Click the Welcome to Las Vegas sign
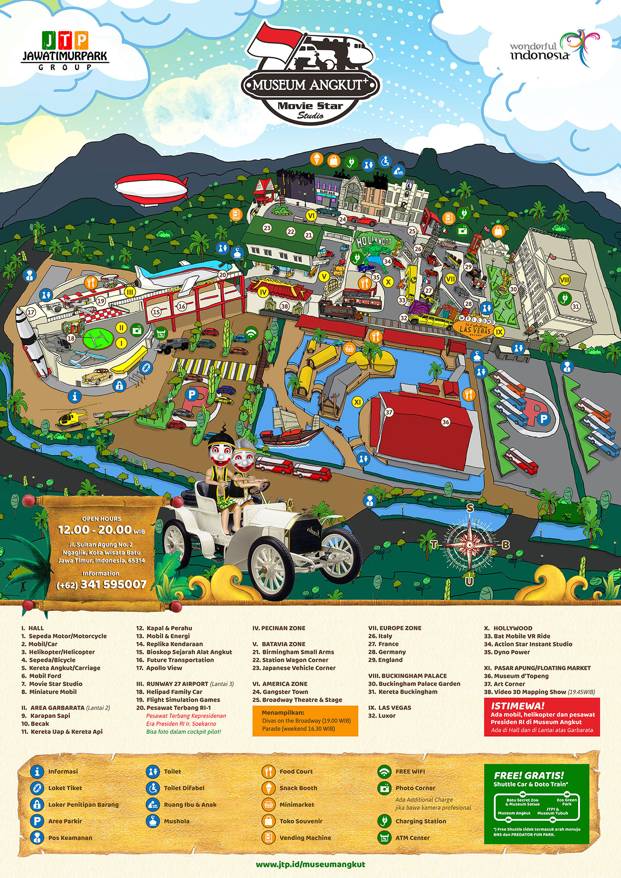click(475, 325)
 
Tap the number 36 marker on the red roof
click(446, 422)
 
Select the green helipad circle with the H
click(99, 340)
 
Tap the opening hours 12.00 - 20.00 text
click(101, 530)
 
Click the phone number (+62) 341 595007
click(101, 585)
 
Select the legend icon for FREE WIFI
click(384, 771)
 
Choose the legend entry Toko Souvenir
click(300, 821)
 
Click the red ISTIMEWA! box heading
click(518, 706)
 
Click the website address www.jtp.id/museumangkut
click(310, 864)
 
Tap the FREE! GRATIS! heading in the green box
click(529, 776)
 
